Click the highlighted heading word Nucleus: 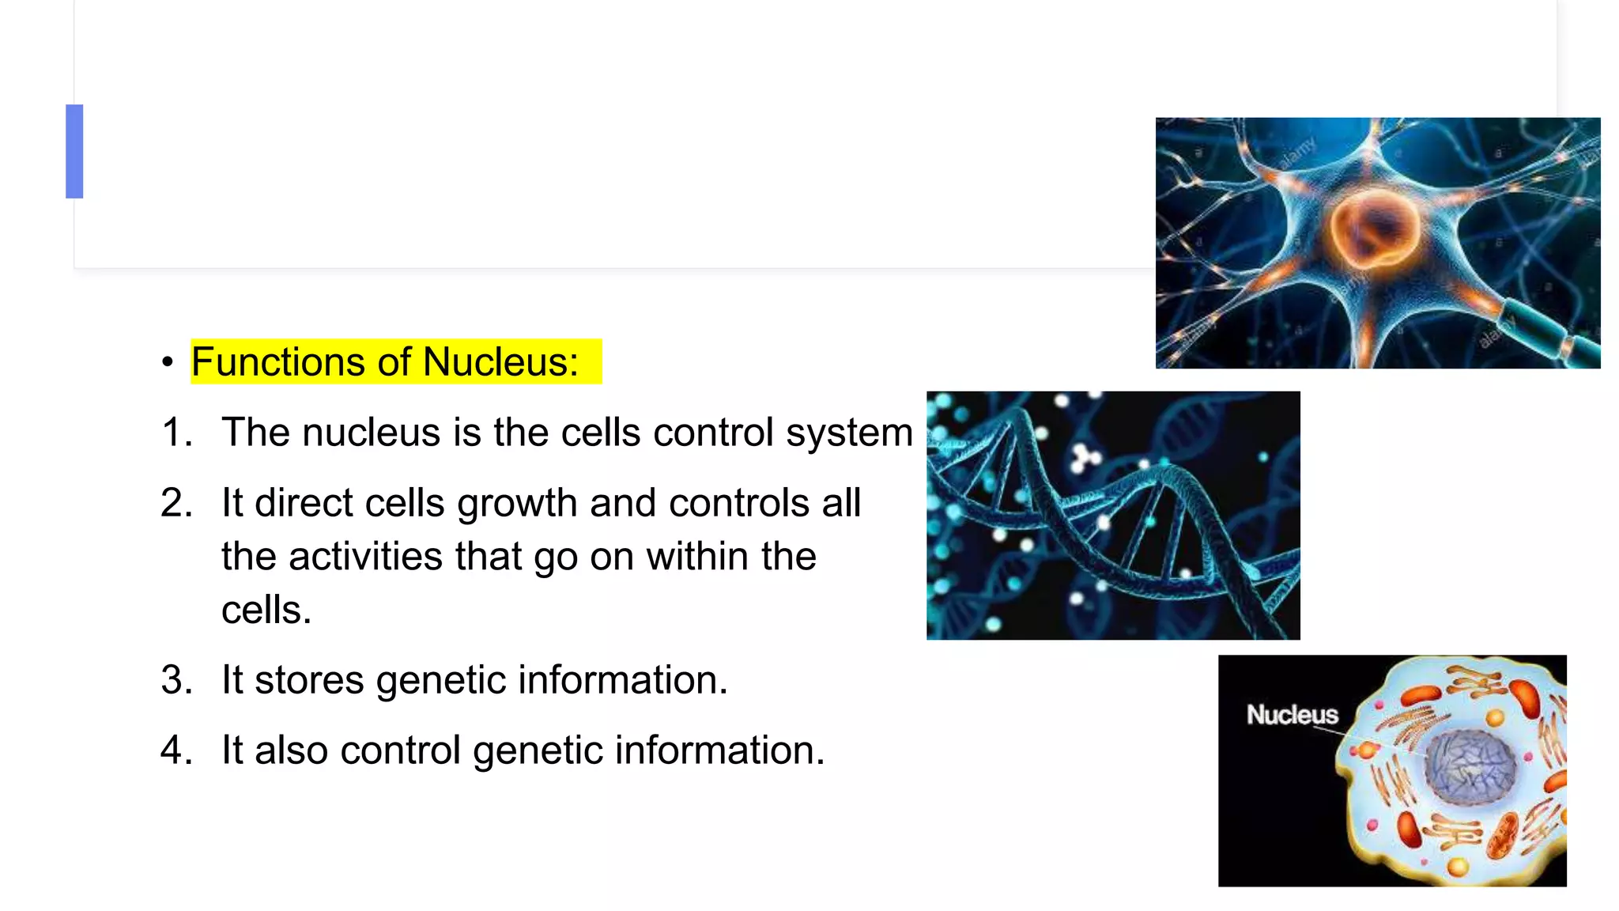[x=500, y=362]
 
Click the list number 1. [x=175, y=433]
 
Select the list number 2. [x=175, y=503]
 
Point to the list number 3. [x=175, y=680]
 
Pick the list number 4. [x=175, y=750]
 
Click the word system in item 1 [x=849, y=433]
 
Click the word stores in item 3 [x=309, y=680]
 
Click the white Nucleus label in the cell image [x=1292, y=715]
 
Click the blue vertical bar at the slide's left [x=74, y=151]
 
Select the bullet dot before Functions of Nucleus [x=167, y=363]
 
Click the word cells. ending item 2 [x=266, y=610]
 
